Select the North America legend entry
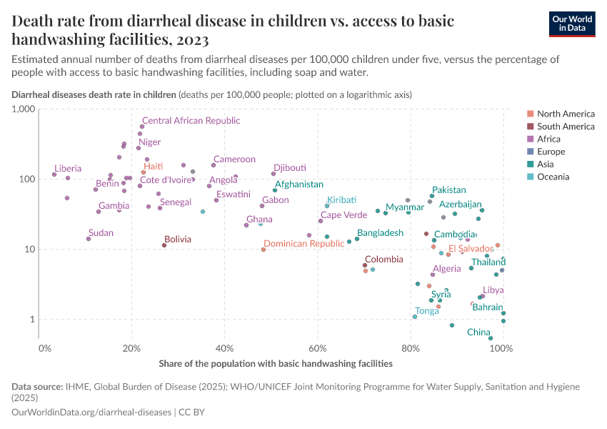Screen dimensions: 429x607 565,114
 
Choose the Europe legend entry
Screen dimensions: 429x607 551,152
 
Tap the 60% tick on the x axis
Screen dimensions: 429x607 317,348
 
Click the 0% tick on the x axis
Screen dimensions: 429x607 45,348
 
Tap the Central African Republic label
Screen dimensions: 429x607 191,121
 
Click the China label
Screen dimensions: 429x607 478,332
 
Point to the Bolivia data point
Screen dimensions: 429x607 164,245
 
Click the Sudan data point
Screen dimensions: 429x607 89,238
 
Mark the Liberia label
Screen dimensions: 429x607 68,169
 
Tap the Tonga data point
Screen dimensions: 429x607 415,317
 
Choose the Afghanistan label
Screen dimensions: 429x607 299,184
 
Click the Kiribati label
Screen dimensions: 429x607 341,199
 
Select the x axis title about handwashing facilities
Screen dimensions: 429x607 276,363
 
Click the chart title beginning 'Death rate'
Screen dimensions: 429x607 232,29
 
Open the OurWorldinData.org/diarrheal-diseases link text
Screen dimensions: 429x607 92,413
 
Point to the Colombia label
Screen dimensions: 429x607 384,260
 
